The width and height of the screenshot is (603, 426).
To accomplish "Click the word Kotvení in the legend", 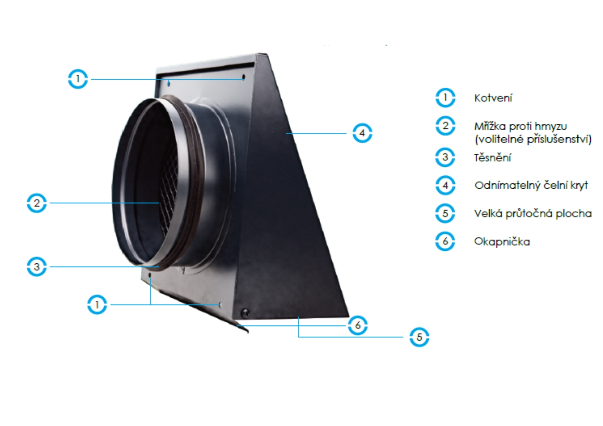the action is (493, 98).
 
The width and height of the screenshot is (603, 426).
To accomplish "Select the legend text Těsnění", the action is (492, 158).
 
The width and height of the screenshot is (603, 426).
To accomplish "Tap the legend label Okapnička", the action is (502, 241).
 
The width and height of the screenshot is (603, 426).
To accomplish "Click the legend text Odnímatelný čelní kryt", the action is (531, 185).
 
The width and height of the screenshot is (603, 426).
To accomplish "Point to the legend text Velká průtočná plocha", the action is (533, 214).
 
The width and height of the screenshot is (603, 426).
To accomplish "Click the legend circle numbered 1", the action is (445, 98).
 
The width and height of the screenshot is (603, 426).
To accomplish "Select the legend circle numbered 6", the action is (445, 241).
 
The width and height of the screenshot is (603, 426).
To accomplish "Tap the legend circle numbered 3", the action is (445, 157).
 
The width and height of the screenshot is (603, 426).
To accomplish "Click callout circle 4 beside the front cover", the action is (362, 133).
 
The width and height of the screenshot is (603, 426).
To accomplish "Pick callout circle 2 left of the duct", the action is (37, 203).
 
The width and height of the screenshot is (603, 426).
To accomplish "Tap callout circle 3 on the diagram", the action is (37, 267).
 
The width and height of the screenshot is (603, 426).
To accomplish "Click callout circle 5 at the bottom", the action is (419, 337).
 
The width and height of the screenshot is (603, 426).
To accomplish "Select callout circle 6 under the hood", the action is (358, 325).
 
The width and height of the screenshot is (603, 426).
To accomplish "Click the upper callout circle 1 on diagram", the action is (78, 79).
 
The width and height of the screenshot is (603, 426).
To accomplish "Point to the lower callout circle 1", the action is (97, 305).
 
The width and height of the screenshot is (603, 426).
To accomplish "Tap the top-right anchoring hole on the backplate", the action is (244, 77).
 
